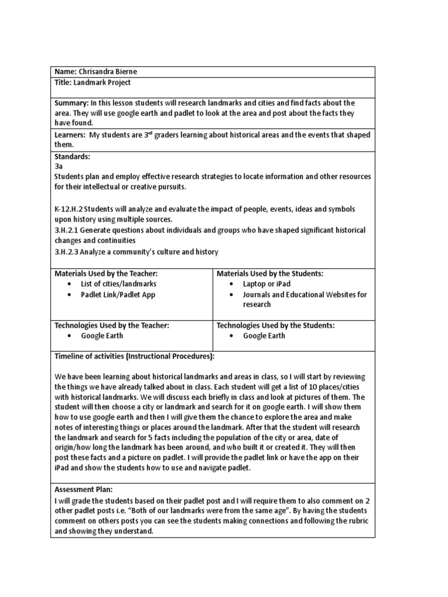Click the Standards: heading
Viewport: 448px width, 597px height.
[72, 157]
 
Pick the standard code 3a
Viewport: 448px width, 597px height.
[58, 166]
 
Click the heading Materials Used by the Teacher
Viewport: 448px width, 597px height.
[106, 273]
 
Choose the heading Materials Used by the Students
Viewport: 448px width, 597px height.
[269, 273]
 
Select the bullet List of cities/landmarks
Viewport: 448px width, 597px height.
[118, 284]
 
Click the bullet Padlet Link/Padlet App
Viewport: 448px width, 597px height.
[118, 294]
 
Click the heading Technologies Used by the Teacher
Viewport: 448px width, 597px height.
[111, 325]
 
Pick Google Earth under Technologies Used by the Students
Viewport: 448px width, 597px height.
[264, 336]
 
